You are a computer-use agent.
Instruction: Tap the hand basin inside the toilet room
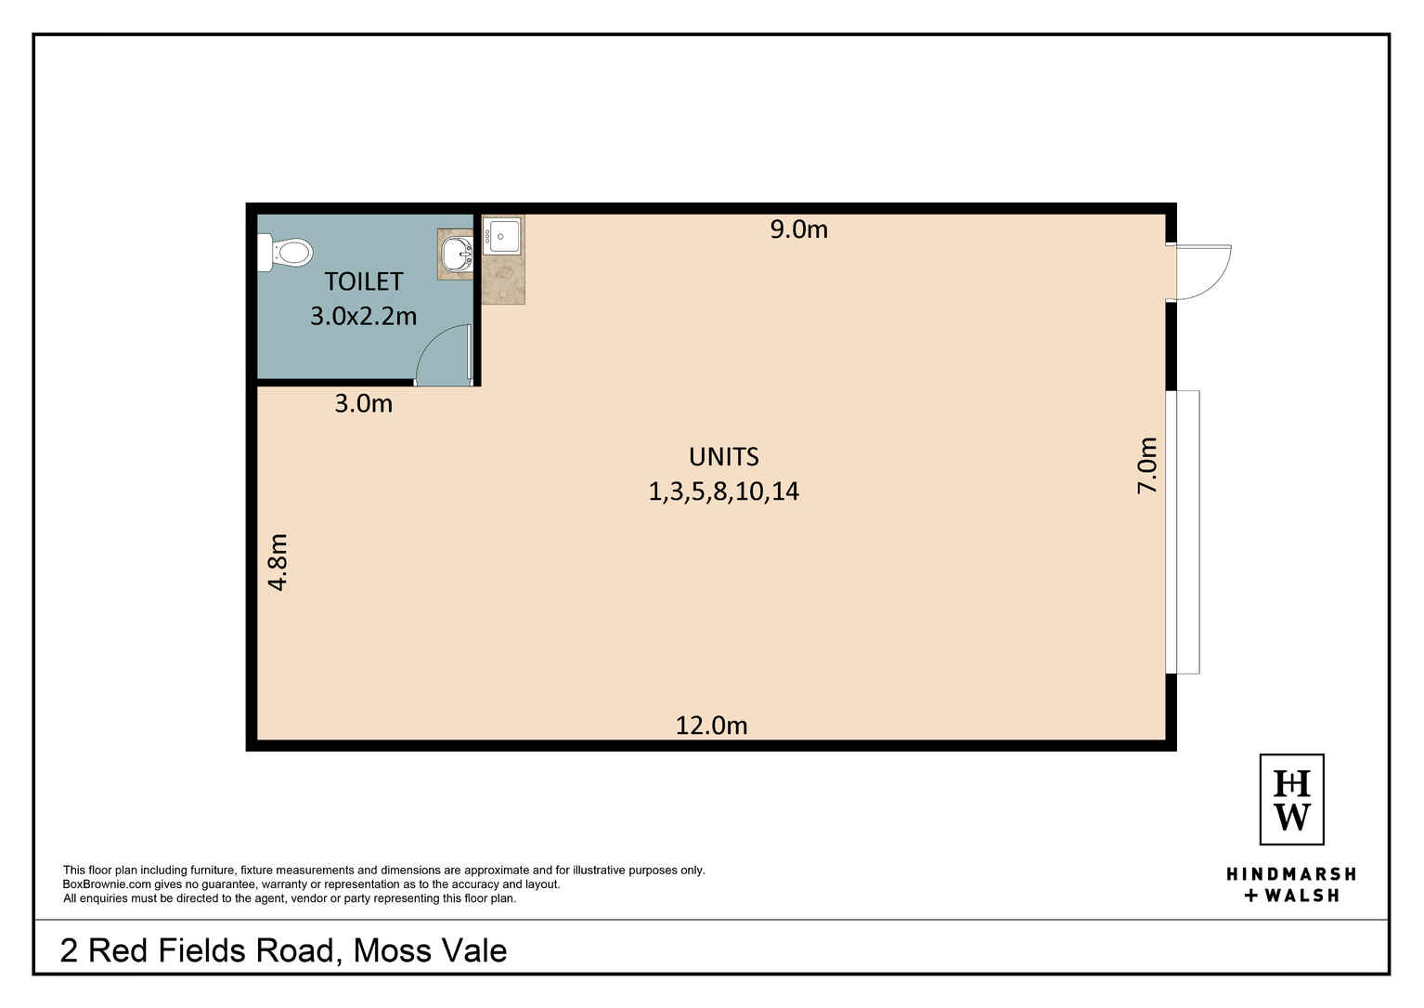click(x=457, y=253)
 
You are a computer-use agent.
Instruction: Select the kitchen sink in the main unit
click(x=503, y=236)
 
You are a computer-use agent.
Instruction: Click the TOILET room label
click(x=363, y=281)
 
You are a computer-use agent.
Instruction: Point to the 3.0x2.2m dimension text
click(x=363, y=316)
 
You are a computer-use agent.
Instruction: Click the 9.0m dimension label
click(x=798, y=229)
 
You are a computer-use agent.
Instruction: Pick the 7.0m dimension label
click(x=1147, y=465)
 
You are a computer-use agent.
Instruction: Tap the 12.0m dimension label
click(x=711, y=726)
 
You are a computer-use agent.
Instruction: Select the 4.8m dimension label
click(x=278, y=562)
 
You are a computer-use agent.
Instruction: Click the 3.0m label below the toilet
click(x=363, y=404)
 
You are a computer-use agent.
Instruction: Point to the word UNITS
click(x=723, y=457)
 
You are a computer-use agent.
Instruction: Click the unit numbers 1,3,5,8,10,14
click(x=723, y=491)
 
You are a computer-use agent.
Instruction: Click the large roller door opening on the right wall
click(x=1184, y=531)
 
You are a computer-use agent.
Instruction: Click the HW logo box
click(x=1291, y=799)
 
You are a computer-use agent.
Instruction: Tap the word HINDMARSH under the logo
click(x=1291, y=874)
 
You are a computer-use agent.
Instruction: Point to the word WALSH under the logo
click(x=1301, y=896)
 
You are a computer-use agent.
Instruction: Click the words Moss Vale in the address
click(x=430, y=950)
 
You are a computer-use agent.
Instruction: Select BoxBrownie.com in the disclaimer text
click(x=107, y=884)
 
